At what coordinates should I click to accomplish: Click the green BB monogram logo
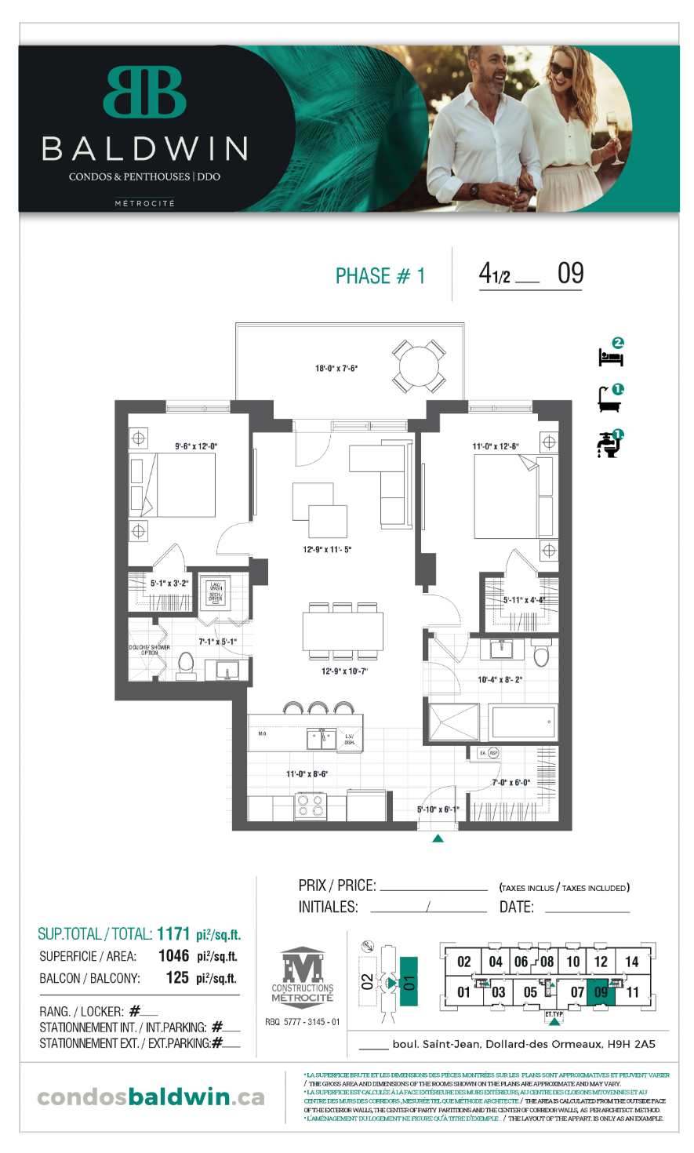(144, 92)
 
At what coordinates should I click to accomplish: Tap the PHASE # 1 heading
(380, 276)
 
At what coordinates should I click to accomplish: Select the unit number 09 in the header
(570, 274)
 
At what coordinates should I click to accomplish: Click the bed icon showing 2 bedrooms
(611, 355)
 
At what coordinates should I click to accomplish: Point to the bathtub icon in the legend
(609, 400)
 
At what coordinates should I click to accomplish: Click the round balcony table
(420, 366)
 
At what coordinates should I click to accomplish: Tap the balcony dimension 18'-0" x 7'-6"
(336, 368)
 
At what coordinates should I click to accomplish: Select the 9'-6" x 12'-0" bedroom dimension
(196, 446)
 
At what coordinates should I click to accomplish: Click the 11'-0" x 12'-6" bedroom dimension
(495, 446)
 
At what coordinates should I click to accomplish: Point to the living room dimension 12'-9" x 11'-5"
(327, 549)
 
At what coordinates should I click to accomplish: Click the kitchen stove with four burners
(311, 806)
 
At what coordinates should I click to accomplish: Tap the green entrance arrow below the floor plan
(438, 838)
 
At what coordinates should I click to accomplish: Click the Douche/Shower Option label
(149, 649)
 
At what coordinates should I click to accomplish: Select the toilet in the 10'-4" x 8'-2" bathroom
(541, 653)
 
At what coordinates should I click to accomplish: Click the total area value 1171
(173, 933)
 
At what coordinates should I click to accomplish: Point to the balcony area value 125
(177, 977)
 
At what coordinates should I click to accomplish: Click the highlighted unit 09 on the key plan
(601, 991)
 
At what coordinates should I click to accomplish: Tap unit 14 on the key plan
(631, 962)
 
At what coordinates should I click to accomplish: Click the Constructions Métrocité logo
(303, 976)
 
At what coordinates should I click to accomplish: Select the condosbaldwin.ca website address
(151, 1097)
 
